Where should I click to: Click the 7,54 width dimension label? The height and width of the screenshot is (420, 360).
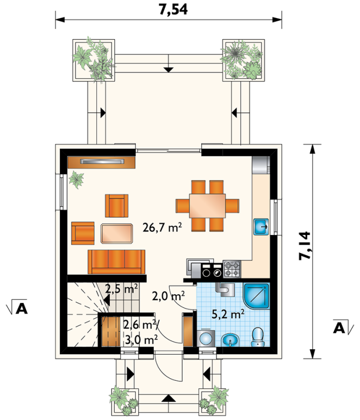click(173, 9)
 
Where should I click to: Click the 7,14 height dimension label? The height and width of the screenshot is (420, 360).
click(305, 245)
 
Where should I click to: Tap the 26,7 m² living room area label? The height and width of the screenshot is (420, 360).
click(162, 227)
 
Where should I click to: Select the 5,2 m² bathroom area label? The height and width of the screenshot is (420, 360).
click(228, 314)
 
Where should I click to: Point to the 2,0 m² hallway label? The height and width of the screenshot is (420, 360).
click(168, 296)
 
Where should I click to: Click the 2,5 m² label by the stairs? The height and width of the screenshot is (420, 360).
click(121, 289)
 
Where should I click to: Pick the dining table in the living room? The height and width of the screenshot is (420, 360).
click(207, 206)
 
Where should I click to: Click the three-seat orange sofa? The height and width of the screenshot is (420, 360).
click(116, 262)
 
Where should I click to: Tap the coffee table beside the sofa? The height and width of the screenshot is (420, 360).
click(117, 234)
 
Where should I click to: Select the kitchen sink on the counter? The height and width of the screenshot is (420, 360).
click(261, 227)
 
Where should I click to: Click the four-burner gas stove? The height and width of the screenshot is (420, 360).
click(232, 269)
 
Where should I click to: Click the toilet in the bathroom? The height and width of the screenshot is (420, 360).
click(258, 337)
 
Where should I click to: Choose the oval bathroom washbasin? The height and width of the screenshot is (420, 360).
click(230, 340)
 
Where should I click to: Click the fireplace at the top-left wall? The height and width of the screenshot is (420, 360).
click(101, 162)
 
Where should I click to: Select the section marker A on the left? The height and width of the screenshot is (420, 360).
click(17, 307)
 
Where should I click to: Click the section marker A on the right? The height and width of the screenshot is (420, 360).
click(343, 327)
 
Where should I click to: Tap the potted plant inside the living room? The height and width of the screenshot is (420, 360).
click(77, 180)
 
